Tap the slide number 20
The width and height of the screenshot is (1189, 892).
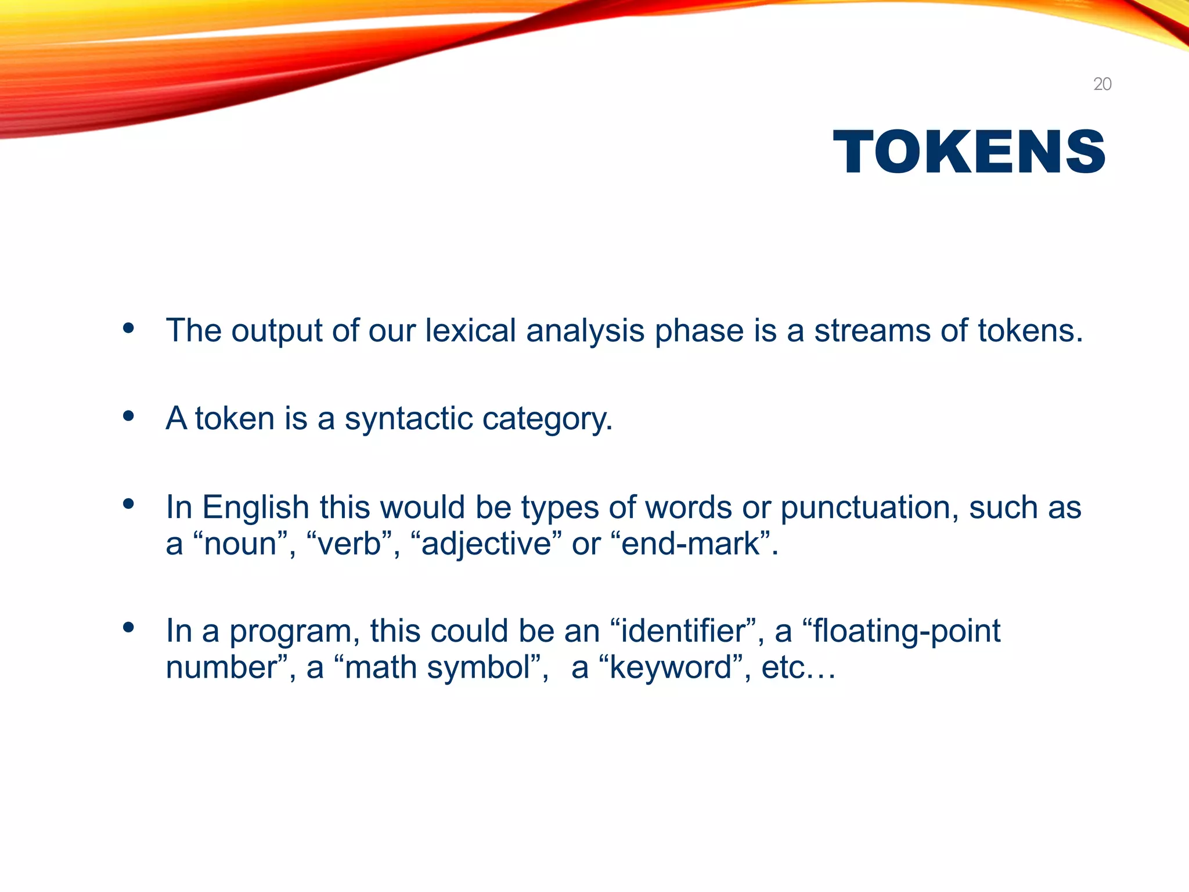[x=1102, y=84]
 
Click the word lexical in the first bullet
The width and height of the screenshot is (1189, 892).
[x=470, y=330]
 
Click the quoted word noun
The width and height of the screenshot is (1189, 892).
[x=240, y=544]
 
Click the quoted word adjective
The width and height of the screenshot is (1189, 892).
[x=486, y=544]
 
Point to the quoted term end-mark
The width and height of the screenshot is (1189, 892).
[x=690, y=544]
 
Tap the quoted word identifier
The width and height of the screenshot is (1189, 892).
[x=683, y=631]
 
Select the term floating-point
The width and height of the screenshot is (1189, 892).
[x=906, y=631]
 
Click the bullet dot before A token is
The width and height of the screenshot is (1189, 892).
[x=128, y=416]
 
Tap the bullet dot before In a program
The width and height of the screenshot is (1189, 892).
[x=128, y=628]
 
